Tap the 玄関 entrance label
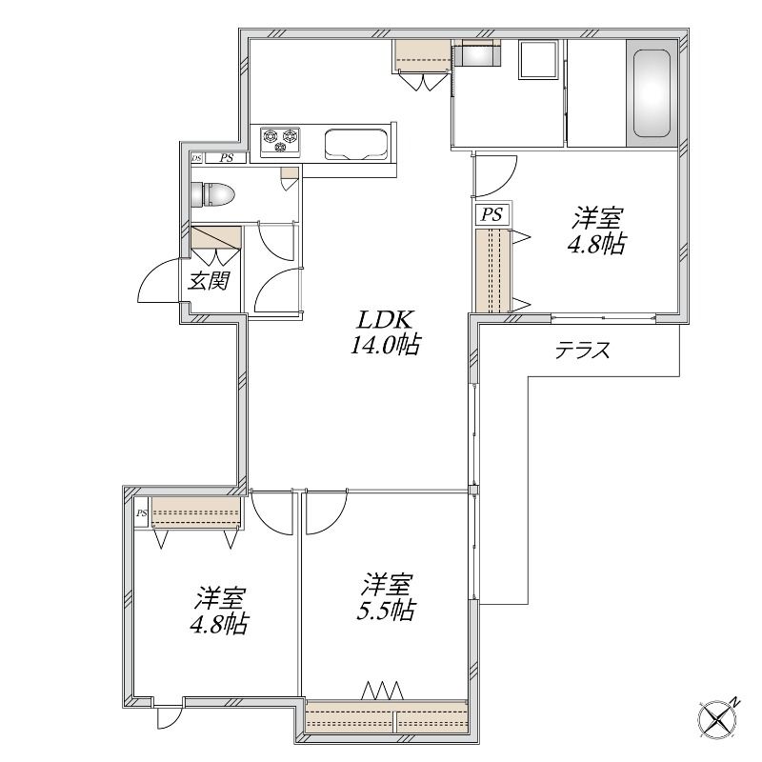[x=209, y=281]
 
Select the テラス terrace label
[x=583, y=350]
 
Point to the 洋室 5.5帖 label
[x=386, y=597]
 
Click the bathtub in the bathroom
[x=652, y=93]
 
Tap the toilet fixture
[x=212, y=194]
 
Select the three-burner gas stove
[x=280, y=140]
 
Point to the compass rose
[x=718, y=721]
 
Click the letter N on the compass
[x=736, y=702]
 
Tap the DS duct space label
[x=196, y=158]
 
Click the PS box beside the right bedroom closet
[x=491, y=214]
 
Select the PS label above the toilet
[x=226, y=158]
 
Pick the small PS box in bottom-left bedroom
[x=141, y=513]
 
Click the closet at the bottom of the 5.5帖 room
[x=387, y=716]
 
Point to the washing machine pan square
[x=538, y=59]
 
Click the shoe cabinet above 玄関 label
[x=216, y=237]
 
